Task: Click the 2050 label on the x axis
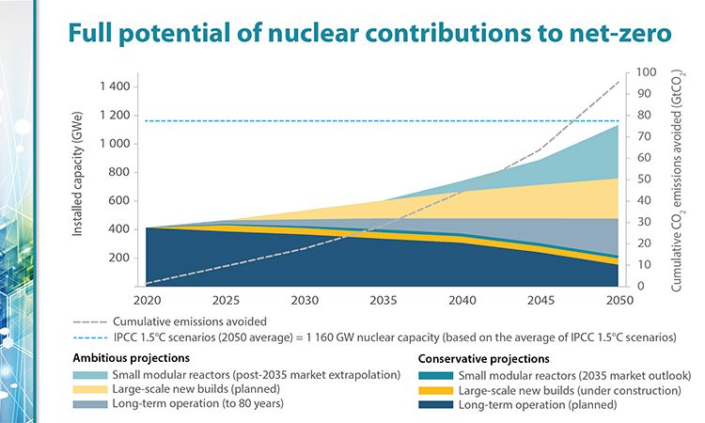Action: pyautogui.click(x=615, y=302)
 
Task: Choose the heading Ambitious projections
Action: pyautogui.click(x=133, y=358)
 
